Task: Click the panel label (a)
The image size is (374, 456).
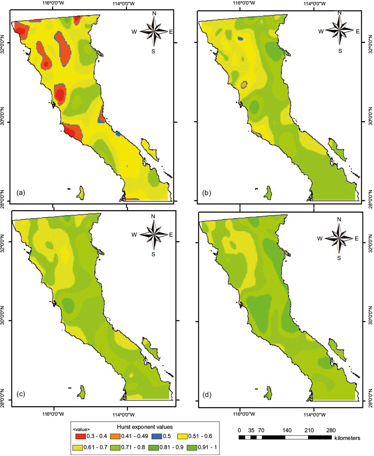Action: [21, 193]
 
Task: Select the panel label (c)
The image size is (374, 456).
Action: [21, 393]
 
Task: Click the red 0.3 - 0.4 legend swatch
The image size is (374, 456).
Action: [80, 436]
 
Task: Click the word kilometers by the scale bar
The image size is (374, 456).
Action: [347, 438]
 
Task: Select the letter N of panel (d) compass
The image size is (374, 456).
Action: [339, 219]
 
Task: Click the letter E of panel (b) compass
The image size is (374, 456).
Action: [357, 31]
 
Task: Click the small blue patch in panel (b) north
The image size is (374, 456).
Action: [241, 39]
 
